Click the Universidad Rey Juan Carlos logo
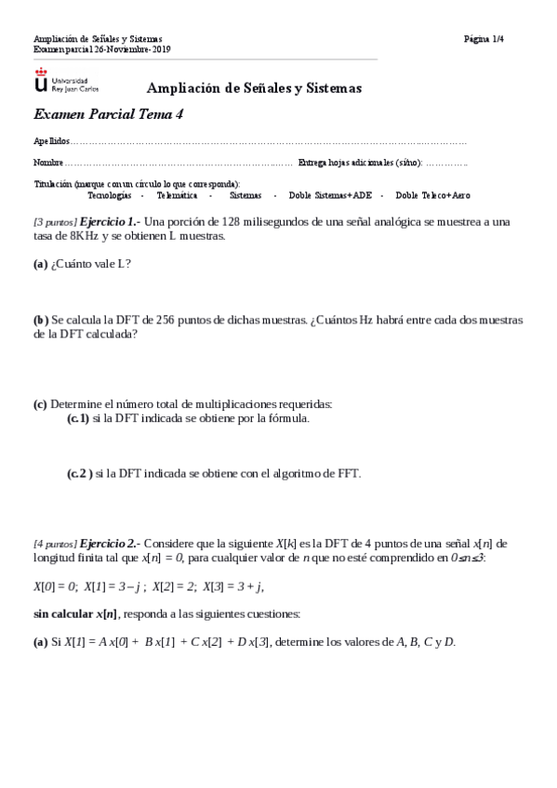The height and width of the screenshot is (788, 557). pos(65,81)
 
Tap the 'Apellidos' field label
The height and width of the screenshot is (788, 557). pos(51,142)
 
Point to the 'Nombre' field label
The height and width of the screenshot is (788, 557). pos(48,163)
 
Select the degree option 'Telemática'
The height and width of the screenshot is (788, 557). pos(176,196)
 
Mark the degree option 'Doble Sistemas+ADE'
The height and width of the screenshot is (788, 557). pos(330,196)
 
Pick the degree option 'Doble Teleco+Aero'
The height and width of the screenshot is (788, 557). pos(432,196)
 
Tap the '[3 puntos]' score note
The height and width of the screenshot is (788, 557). pos(55,223)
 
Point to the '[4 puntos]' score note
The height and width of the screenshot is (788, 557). pos(55,543)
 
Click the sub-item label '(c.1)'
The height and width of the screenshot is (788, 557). pos(78,419)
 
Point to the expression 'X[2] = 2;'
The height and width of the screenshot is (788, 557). pos(177,586)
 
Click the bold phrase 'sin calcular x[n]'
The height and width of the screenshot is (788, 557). pos(74,614)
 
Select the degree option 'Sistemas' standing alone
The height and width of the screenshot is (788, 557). pos(245,196)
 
